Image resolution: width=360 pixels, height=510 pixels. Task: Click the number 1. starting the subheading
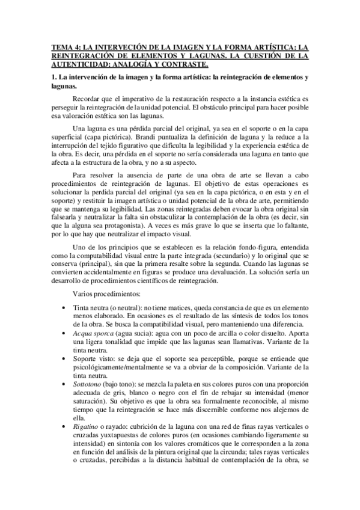(53, 78)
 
